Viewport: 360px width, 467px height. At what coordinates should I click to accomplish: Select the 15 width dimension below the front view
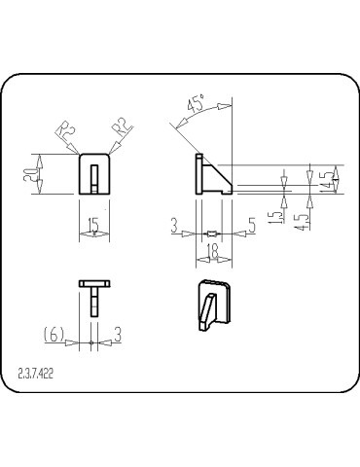click(92, 226)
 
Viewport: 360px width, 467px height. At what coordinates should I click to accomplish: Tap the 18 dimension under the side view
click(213, 253)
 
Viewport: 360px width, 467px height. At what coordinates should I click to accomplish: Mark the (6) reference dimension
click(54, 335)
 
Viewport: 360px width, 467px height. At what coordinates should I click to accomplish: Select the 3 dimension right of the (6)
click(117, 335)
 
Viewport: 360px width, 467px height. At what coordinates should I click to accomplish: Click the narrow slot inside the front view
click(92, 178)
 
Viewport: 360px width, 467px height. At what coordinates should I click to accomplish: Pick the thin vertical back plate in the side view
click(198, 173)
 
